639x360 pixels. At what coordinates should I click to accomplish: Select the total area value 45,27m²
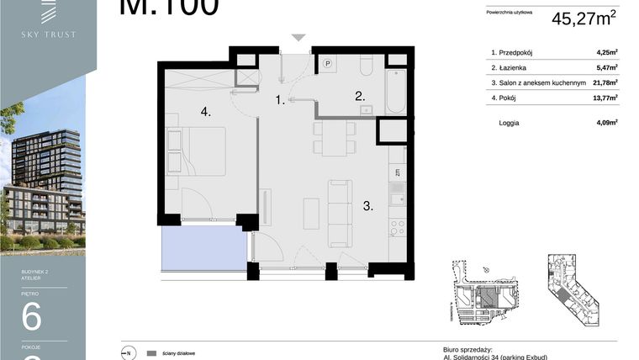click(584, 19)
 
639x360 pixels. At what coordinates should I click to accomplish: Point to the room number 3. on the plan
click(368, 204)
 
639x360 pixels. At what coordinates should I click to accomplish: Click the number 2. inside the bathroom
click(359, 96)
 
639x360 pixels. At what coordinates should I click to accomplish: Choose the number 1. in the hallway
click(281, 100)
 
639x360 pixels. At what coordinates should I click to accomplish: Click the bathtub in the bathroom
click(396, 91)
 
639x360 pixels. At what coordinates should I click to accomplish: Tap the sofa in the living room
click(340, 212)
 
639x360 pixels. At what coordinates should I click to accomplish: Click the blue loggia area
click(203, 250)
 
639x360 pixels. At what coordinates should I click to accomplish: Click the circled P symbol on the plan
click(327, 63)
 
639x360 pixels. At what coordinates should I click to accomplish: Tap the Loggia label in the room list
click(510, 122)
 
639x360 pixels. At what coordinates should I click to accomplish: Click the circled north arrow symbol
click(128, 352)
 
